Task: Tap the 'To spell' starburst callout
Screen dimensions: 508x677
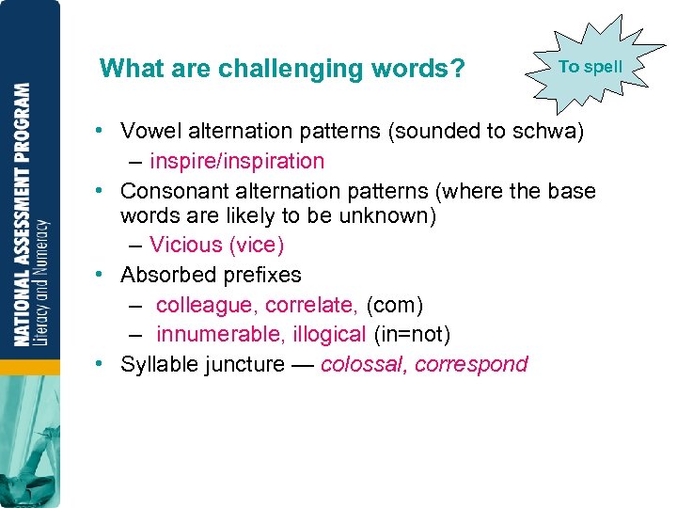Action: [590, 67]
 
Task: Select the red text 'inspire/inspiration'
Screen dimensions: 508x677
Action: [237, 161]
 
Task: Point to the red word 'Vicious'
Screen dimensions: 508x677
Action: [185, 246]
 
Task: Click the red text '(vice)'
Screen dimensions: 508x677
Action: [256, 246]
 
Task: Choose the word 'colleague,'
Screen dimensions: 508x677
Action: [207, 305]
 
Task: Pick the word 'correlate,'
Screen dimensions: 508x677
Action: [311, 305]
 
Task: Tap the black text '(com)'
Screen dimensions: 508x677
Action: [395, 305]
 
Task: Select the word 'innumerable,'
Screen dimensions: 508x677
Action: [218, 334]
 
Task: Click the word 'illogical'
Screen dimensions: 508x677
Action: [327, 334]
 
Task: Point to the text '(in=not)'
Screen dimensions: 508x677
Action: [412, 334]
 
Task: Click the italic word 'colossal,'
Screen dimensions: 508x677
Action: [363, 364]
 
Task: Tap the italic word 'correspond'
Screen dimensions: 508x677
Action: [471, 365]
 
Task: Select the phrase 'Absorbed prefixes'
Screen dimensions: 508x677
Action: [211, 275]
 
